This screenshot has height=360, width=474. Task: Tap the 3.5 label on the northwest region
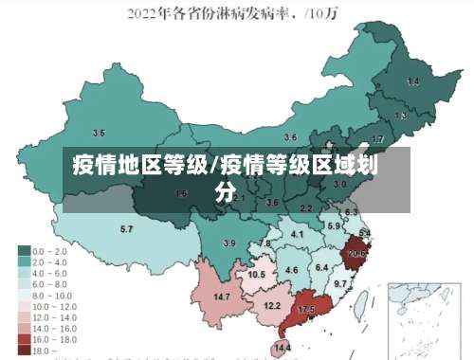(98, 134)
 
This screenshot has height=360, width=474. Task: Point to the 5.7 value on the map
(126, 229)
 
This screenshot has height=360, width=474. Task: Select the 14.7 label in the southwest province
(222, 297)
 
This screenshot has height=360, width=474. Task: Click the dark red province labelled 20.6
(357, 254)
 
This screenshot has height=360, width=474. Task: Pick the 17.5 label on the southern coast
(306, 310)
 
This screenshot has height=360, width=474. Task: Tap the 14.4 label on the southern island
(282, 349)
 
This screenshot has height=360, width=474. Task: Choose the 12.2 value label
(272, 306)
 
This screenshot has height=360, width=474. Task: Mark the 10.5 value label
(256, 275)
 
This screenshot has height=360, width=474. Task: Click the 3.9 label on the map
(228, 243)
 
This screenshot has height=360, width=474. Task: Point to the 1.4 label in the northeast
(412, 82)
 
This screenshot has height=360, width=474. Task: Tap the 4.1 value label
(298, 234)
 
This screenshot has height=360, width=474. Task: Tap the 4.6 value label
(292, 271)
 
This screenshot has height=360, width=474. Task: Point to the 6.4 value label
(322, 268)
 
